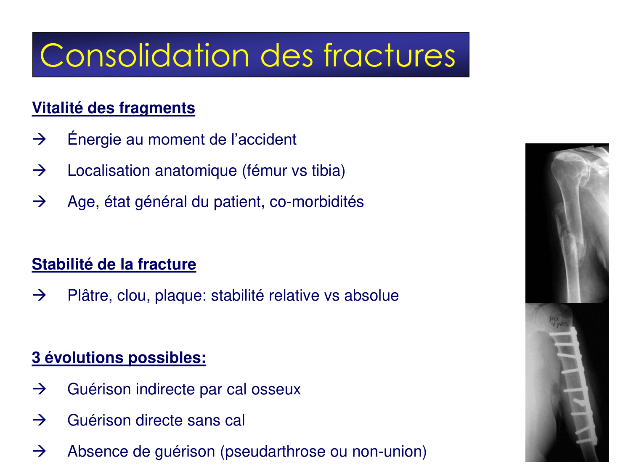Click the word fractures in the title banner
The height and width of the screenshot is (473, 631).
390,55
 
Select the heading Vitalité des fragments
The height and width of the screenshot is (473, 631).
114,108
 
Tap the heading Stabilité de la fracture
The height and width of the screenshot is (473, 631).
114,264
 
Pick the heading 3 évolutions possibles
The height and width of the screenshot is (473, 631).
119,358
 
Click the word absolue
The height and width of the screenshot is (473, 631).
371,296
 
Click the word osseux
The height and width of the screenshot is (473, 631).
276,389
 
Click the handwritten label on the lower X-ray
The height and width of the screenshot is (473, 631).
559,322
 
